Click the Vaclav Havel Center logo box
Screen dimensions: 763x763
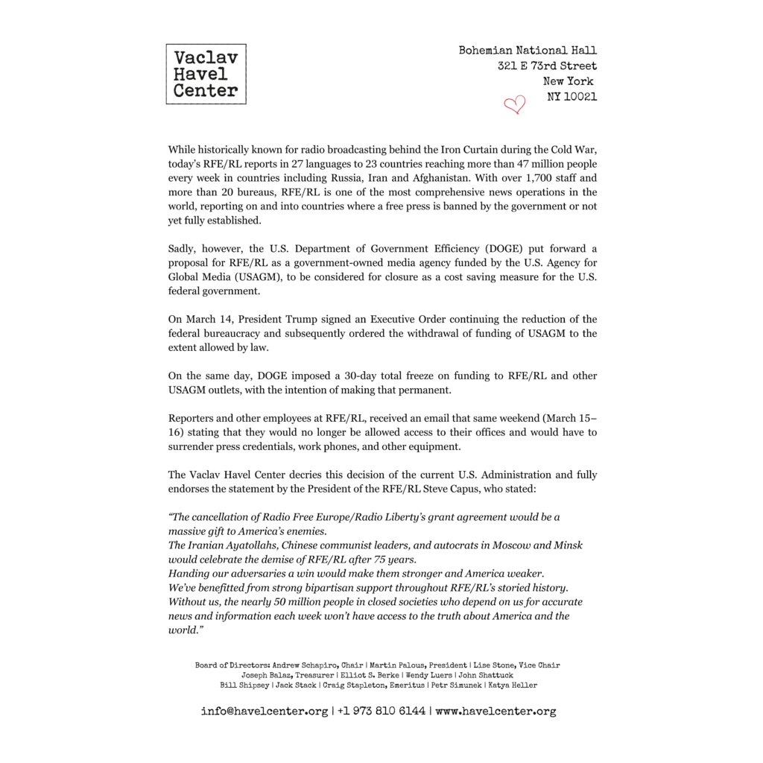pos(206,74)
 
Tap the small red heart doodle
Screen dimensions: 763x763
pos(514,105)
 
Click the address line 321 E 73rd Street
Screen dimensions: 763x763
pos(548,66)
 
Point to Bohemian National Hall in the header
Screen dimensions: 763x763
pos(528,51)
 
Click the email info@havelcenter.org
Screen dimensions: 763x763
pos(265,711)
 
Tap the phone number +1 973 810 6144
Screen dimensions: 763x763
pos(381,711)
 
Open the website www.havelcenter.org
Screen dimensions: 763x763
pos(496,711)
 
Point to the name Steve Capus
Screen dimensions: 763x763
pos(465,489)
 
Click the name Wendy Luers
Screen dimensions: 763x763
pos(428,675)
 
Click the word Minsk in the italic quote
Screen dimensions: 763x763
pos(569,545)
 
